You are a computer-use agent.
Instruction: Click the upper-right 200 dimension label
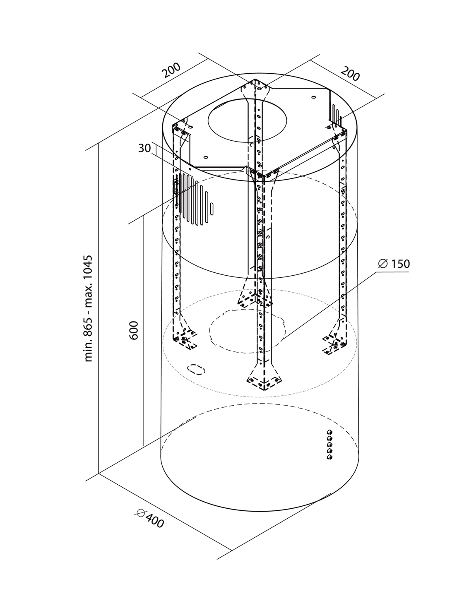[x=350, y=74]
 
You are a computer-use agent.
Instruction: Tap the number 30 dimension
[x=144, y=148]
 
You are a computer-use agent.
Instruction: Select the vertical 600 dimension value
[x=134, y=330]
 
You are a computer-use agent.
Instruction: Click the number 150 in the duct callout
[x=400, y=264]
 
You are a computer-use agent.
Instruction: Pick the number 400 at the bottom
[x=155, y=522]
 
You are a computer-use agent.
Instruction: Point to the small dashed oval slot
[x=196, y=369]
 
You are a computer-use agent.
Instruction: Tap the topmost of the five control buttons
[x=330, y=432]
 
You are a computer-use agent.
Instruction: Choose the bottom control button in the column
[x=330, y=457]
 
